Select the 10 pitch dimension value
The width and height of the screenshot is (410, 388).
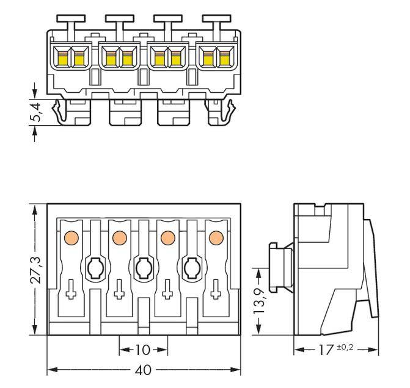(142, 350)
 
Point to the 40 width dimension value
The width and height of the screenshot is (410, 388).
(144, 370)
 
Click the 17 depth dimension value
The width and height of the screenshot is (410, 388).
(324, 350)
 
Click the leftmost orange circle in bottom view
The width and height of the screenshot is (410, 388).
(70, 237)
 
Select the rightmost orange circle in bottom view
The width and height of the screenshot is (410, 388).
(215, 237)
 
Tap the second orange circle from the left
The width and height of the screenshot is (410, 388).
(119, 237)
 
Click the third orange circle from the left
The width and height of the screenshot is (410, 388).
(167, 237)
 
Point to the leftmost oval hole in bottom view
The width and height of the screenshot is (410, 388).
(94, 266)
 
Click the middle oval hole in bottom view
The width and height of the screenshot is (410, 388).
(142, 266)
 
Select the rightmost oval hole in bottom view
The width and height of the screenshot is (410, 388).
(191, 266)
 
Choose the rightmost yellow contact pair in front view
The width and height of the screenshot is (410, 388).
(216, 58)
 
